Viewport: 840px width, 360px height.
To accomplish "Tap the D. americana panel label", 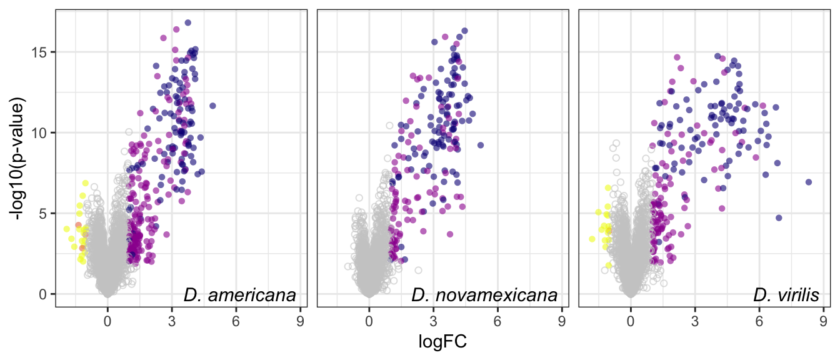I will (x=239, y=295).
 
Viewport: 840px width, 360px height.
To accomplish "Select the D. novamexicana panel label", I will (x=484, y=295).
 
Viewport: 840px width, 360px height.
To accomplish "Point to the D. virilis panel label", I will (x=786, y=295).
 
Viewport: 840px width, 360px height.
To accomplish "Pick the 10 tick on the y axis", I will (x=41, y=132).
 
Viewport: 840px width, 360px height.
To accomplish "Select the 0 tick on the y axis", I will (x=44, y=294).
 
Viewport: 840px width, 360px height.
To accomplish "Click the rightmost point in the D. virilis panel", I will (x=808, y=182).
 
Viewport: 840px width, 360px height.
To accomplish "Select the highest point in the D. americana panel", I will (x=187, y=22).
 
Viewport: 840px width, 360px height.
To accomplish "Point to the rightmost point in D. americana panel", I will (x=212, y=106).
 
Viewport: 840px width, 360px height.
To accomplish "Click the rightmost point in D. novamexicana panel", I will (x=480, y=145).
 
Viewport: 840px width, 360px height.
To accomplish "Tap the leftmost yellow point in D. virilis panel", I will (x=592, y=239).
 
